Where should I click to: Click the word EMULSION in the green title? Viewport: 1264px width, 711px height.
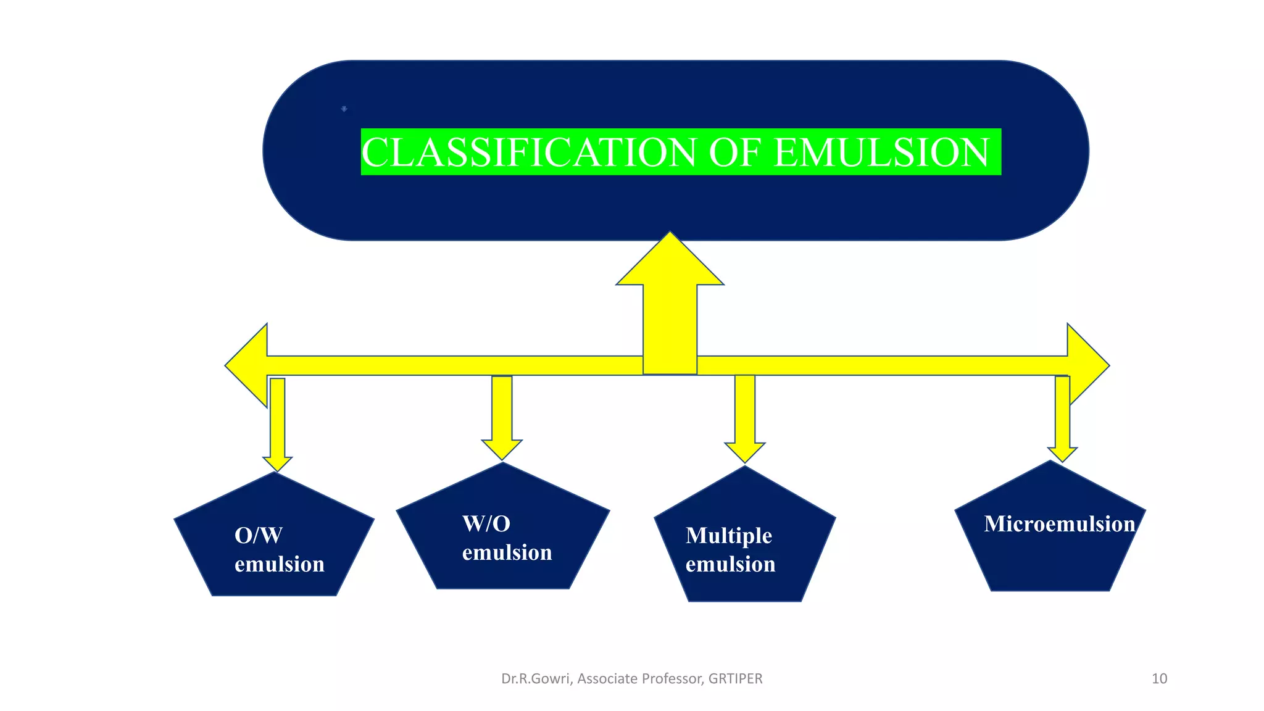point(881,152)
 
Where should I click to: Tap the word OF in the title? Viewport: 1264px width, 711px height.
point(734,152)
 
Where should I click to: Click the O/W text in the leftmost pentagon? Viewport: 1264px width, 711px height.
point(259,535)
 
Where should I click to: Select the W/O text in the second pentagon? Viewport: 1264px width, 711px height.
point(486,524)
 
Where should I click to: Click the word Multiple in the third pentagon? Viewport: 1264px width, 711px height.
point(728,535)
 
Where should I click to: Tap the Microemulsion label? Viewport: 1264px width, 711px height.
point(1059,524)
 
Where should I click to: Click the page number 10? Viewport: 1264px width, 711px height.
point(1159,679)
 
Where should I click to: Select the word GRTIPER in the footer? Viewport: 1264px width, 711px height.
point(735,679)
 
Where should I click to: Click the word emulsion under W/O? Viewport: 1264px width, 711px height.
point(507,552)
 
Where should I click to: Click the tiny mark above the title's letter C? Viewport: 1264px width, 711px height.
point(344,109)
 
